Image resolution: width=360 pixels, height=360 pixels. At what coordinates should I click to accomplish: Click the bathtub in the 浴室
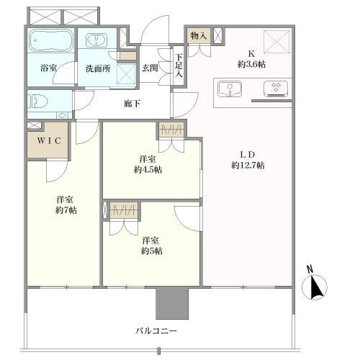pyautogui.click(x=51, y=42)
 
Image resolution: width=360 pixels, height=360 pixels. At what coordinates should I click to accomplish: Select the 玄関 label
pyautogui.click(x=150, y=68)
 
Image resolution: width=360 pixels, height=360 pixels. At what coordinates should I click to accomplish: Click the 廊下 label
pyautogui.click(x=132, y=104)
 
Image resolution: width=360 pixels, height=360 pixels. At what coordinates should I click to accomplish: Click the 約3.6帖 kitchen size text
pyautogui.click(x=252, y=63)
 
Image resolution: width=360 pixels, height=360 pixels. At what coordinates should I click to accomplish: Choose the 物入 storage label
pyautogui.click(x=199, y=35)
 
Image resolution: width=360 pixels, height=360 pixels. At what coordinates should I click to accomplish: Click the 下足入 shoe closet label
pyautogui.click(x=178, y=66)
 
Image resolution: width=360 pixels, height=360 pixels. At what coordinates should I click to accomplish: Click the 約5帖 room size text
pyautogui.click(x=151, y=251)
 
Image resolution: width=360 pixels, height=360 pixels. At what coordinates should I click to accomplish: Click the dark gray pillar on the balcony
pyautogui.click(x=172, y=302)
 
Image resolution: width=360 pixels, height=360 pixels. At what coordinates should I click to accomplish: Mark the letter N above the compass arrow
pyautogui.click(x=310, y=271)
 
